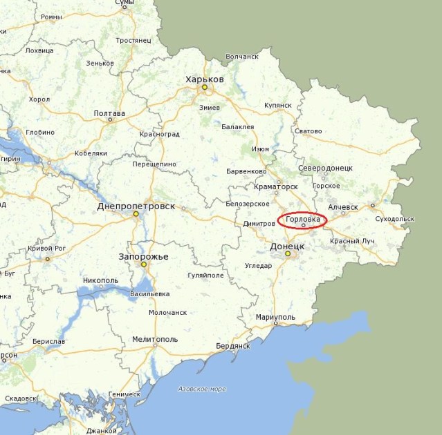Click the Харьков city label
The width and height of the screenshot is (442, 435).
tap(205, 79)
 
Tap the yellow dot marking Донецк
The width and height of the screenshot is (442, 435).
tap(288, 254)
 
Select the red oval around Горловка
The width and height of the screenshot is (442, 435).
tap(302, 220)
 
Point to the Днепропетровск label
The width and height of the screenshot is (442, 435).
tap(136, 206)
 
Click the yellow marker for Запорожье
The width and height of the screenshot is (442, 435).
tap(144, 264)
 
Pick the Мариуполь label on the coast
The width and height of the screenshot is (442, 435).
tap(275, 317)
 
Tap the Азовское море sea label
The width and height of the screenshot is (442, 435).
tap(201, 389)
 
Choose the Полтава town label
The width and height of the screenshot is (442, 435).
tap(109, 113)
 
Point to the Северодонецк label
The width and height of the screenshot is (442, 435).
tap(326, 168)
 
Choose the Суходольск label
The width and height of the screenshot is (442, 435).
tap(394, 219)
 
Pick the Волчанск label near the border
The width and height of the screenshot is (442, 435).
tap(241, 57)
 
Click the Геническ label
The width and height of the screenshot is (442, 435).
tap(125, 394)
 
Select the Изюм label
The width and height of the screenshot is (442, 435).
tap(260, 148)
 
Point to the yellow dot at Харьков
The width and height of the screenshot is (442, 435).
tap(204, 87)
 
